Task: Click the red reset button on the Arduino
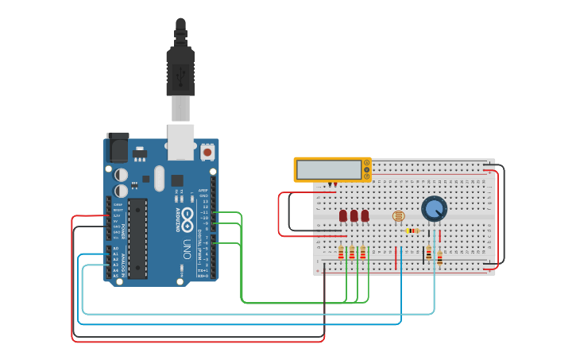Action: click(x=207, y=151)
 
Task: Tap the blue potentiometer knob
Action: click(x=434, y=209)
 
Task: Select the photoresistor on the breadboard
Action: click(x=399, y=215)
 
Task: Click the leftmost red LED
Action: click(x=343, y=215)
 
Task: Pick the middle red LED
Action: click(x=354, y=215)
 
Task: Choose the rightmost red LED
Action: click(x=365, y=215)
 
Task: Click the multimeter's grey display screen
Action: click(x=329, y=169)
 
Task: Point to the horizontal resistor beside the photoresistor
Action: click(x=412, y=230)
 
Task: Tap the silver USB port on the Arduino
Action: click(x=180, y=137)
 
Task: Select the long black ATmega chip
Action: click(x=137, y=238)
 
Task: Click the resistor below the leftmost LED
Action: click(x=342, y=253)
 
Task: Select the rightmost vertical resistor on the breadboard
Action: click(x=439, y=256)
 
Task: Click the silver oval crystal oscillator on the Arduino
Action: click(x=159, y=178)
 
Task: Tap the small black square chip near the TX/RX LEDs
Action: click(x=176, y=180)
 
